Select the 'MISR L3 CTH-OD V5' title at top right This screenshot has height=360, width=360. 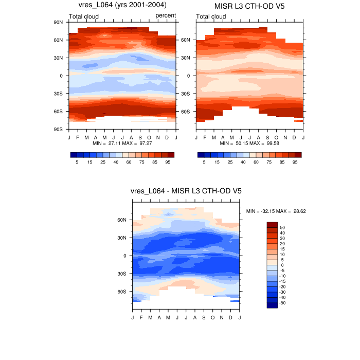click(250, 6)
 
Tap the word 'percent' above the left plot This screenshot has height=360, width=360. click(166, 16)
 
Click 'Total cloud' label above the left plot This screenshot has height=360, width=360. click(84, 16)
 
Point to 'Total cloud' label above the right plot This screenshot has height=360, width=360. click(211, 16)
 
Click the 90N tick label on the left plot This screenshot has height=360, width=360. click(58, 22)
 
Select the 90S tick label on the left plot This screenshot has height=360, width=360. click(58, 129)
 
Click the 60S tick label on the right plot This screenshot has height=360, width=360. click(186, 111)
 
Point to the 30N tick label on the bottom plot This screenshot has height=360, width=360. click(122, 238)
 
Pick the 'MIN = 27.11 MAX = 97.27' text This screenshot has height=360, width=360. click(122, 143)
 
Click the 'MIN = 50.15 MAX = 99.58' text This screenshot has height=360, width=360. click(249, 143)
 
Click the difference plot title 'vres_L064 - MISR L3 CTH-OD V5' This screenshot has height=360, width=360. click(186, 191)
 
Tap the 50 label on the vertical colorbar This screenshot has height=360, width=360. click(282, 227)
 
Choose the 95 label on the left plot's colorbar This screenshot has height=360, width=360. click(168, 162)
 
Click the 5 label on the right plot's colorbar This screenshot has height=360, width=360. click(204, 162)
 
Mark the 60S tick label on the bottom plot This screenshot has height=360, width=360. click(122, 292)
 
